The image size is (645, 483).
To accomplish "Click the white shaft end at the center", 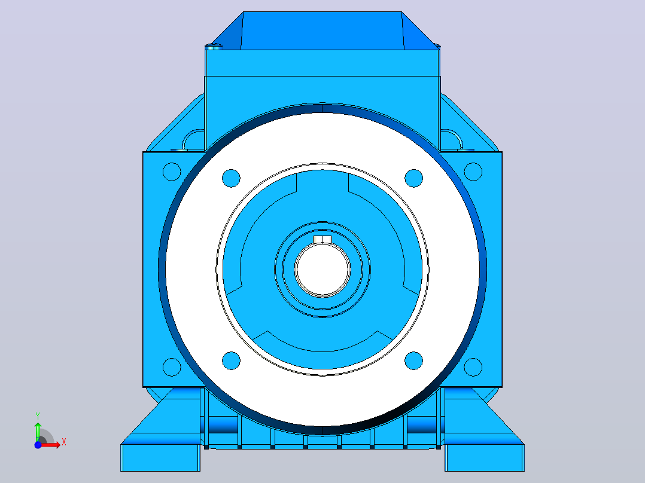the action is (322, 270).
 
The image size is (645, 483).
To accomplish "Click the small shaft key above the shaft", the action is (322, 240).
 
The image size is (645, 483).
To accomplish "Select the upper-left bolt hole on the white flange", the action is (231, 178).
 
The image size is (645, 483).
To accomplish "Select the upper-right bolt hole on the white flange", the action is (414, 178).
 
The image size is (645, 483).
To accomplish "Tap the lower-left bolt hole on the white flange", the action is (231, 360).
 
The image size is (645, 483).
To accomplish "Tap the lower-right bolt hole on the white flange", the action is (414, 360).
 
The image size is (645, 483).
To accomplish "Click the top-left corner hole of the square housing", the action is (172, 172).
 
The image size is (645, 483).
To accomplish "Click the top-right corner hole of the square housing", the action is (473, 172).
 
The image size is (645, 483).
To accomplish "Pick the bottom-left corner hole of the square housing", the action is (172, 367).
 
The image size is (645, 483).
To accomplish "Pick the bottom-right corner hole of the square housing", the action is (473, 367).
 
